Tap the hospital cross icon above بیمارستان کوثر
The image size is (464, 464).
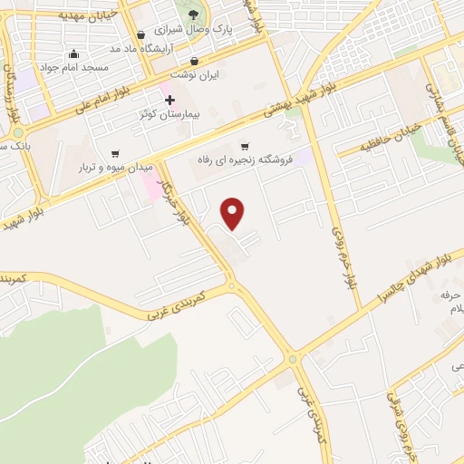click(x=169, y=99)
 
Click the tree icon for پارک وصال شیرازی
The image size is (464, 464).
click(x=195, y=13)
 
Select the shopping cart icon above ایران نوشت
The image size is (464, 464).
click(x=196, y=63)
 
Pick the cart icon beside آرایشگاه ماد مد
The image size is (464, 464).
click(x=140, y=35)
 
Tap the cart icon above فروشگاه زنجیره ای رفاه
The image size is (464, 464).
click(x=244, y=147)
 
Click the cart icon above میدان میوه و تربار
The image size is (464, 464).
click(x=114, y=154)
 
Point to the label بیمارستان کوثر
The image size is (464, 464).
click(x=170, y=115)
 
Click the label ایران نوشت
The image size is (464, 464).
click(x=203, y=76)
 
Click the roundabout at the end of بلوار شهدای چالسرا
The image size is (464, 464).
click(x=292, y=359)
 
